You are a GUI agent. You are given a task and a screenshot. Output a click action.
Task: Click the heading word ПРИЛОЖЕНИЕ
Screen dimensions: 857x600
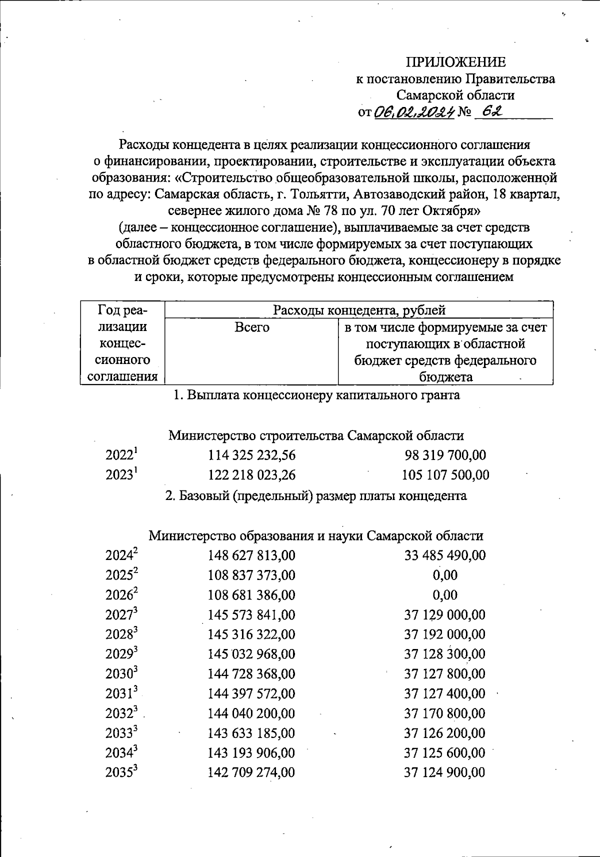point(455,62)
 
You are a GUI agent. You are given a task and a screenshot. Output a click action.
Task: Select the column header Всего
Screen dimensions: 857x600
point(251,327)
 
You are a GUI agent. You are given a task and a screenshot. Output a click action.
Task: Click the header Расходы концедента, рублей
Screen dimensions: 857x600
point(358,310)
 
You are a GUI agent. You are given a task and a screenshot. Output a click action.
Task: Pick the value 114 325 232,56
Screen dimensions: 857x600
point(251,455)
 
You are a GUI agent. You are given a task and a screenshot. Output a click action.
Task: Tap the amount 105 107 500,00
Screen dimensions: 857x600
point(445,475)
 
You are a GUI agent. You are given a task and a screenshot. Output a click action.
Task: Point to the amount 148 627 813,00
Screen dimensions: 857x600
point(251,555)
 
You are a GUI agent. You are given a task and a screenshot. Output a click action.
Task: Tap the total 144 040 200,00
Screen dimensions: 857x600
point(251,713)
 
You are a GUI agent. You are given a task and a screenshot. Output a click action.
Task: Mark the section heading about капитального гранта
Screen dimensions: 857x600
point(316,395)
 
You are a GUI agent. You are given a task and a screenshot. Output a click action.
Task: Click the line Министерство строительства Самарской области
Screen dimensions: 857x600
point(316,435)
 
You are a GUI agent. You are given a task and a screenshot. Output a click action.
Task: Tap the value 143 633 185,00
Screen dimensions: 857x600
point(251,733)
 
